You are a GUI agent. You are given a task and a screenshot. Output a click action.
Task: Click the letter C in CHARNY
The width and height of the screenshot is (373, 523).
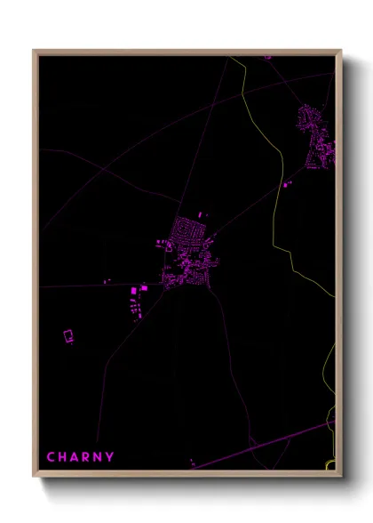51,458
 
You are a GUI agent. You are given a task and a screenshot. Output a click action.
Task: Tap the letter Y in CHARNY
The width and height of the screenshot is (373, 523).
109,458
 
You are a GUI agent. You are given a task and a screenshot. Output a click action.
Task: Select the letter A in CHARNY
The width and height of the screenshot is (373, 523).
74,458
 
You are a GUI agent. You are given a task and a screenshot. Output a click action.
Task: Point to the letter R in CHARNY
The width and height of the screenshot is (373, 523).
85,458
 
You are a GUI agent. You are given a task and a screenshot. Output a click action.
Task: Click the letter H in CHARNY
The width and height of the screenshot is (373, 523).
62,458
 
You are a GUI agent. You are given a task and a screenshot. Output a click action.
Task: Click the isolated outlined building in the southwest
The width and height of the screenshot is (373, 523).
67,335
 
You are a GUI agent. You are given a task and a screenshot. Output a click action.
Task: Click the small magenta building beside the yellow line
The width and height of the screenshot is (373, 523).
287,183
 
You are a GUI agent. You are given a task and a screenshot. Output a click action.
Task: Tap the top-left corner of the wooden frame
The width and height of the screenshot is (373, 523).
35,51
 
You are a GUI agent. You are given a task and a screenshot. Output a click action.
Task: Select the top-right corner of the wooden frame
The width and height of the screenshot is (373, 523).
340,51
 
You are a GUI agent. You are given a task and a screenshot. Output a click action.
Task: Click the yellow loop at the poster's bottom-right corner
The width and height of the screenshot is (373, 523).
330,464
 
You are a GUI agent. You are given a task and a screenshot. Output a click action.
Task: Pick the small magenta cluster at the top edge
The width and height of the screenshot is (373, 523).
267,57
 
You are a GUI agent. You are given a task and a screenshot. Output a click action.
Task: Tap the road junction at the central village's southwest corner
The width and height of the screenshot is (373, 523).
164,287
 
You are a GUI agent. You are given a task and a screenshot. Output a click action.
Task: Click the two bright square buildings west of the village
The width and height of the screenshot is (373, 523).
139,289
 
